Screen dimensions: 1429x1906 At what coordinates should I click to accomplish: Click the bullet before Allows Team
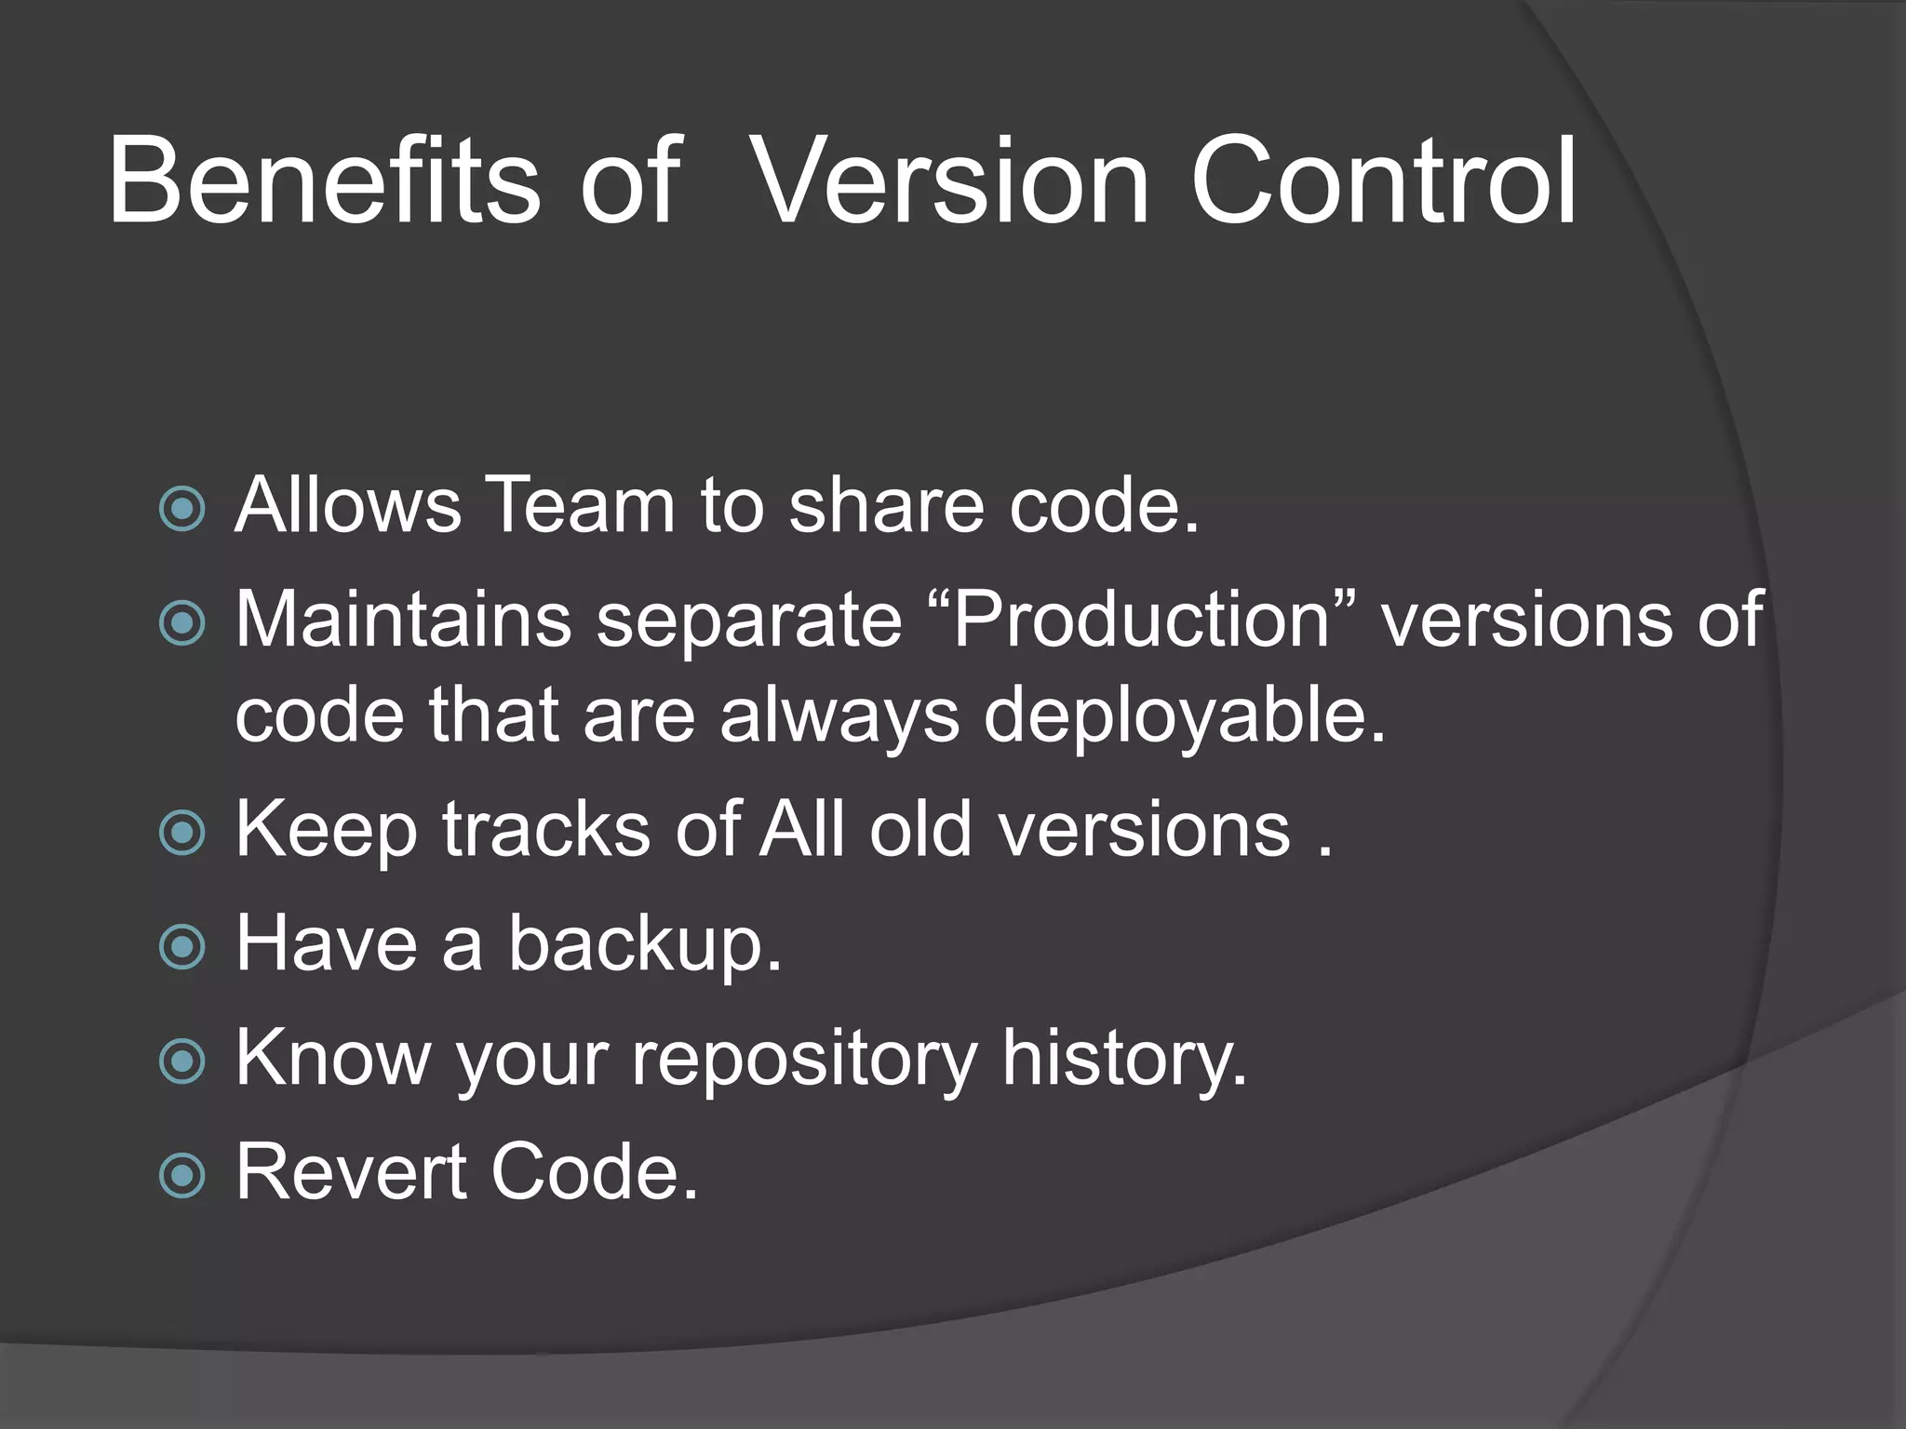point(182,508)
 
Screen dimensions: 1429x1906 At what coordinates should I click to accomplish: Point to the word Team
point(580,505)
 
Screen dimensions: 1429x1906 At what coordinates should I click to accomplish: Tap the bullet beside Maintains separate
point(182,622)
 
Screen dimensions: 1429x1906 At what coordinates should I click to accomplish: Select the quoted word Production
point(1142,620)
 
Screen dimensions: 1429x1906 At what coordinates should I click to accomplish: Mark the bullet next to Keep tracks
point(182,832)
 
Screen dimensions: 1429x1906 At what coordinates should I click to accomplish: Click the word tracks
point(545,829)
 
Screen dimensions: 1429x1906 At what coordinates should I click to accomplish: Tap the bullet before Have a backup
point(182,947)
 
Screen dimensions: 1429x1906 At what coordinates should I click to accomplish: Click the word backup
point(644,945)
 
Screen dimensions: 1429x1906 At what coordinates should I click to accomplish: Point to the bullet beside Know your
point(182,1062)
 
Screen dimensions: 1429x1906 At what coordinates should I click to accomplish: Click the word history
point(1123,1060)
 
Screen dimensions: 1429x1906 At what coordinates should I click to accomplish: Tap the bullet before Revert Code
point(182,1176)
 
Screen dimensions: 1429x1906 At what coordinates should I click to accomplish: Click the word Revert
point(351,1172)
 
